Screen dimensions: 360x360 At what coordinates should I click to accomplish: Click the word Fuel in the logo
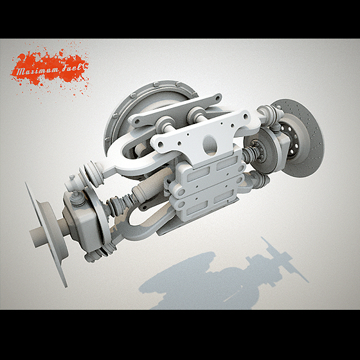[x=71, y=67]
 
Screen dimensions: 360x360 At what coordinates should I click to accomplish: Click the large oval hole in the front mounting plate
[x=210, y=145]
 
